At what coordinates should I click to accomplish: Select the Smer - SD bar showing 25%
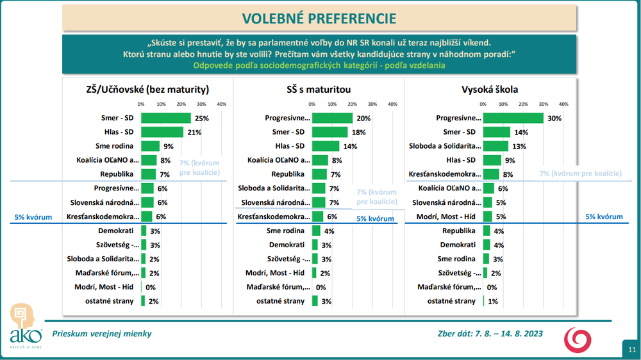tap(165, 118)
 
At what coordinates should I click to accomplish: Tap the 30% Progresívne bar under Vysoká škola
tap(513, 118)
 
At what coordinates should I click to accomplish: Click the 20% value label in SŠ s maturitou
tap(364, 119)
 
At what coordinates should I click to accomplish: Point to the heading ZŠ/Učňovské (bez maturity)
tap(147, 89)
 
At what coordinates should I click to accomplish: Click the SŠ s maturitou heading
tap(319, 89)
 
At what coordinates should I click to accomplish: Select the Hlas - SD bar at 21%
tap(162, 132)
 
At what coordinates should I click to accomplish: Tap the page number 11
tap(631, 349)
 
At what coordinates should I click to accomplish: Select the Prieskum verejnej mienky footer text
tap(102, 334)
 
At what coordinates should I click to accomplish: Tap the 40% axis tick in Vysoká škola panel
tap(563, 104)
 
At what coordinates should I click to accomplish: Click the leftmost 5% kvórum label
tap(34, 217)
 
